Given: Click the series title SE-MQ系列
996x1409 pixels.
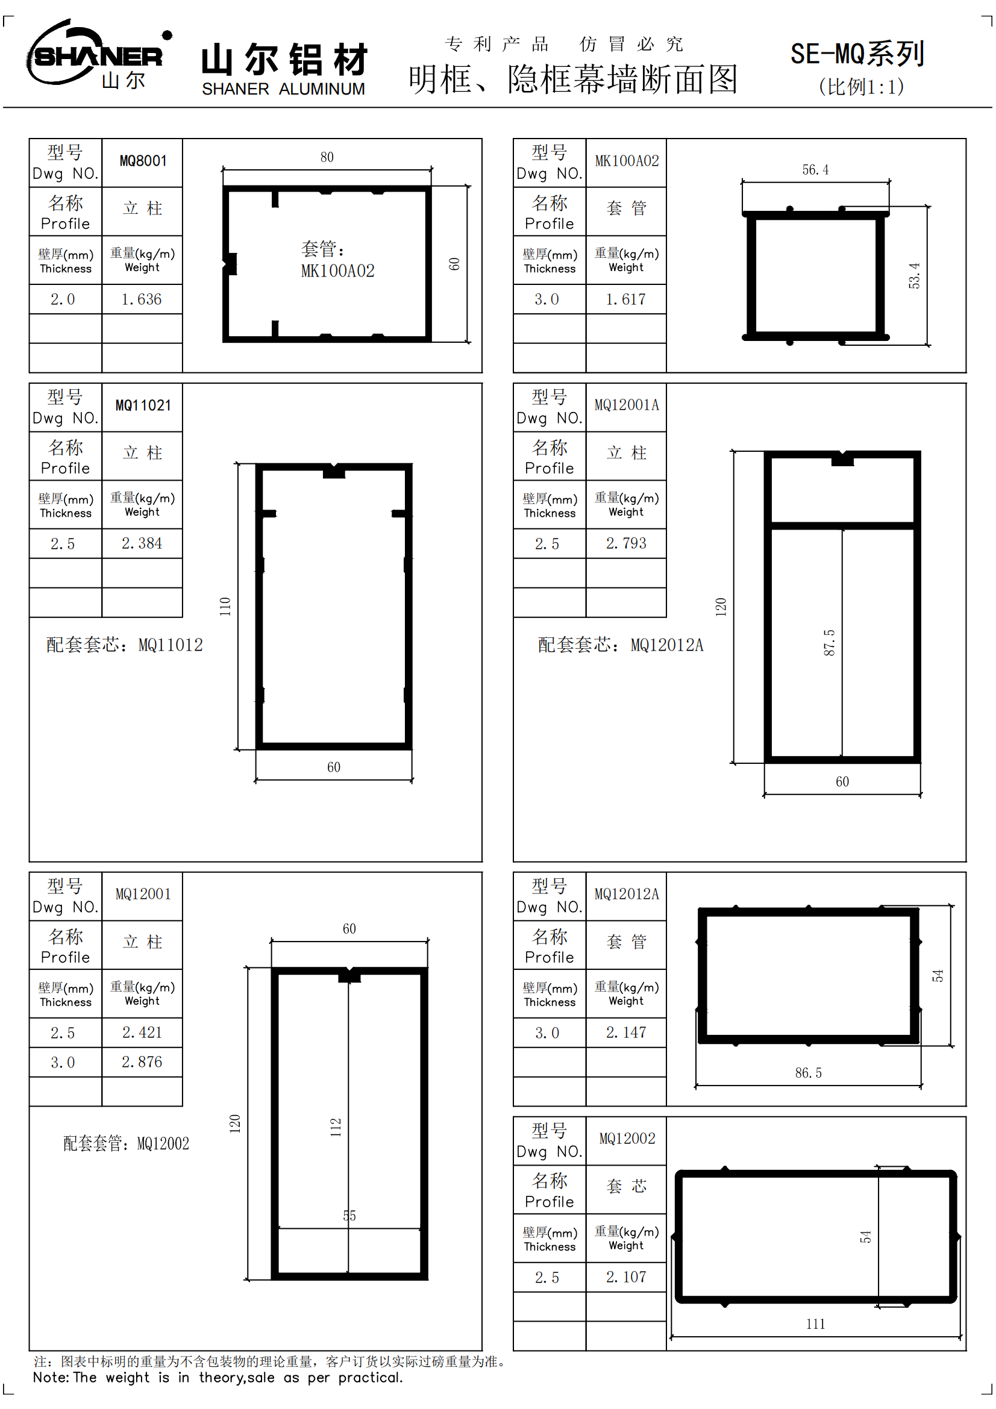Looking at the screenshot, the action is click(857, 54).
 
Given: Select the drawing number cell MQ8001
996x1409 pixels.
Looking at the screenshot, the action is click(142, 161).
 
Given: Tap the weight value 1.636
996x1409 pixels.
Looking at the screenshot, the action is click(142, 299).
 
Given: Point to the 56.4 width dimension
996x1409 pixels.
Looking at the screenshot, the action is click(815, 170).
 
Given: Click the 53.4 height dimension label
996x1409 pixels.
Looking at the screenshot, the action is click(915, 275).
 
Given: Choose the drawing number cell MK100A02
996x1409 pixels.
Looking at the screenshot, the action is click(626, 161).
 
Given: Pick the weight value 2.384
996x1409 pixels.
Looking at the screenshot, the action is click(142, 544).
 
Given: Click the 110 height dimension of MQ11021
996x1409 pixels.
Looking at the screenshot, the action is click(225, 607).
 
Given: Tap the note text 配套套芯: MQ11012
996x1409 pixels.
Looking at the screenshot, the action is click(125, 645).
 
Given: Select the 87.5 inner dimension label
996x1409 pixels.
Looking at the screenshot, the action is click(829, 643).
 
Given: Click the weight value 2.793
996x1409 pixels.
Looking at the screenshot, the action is click(626, 544).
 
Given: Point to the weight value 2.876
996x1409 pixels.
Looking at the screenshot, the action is click(142, 1062).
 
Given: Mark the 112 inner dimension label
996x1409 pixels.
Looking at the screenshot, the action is click(336, 1127).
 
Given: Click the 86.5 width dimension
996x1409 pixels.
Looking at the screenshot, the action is click(808, 1073).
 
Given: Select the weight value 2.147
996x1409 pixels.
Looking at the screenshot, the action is click(626, 1033).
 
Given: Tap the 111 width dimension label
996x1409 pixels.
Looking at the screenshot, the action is click(815, 1324).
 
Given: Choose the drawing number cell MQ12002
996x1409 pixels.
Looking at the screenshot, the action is click(626, 1140).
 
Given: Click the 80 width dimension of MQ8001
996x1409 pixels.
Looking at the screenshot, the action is click(327, 158).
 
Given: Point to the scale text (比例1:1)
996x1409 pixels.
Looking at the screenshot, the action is click(861, 87).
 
